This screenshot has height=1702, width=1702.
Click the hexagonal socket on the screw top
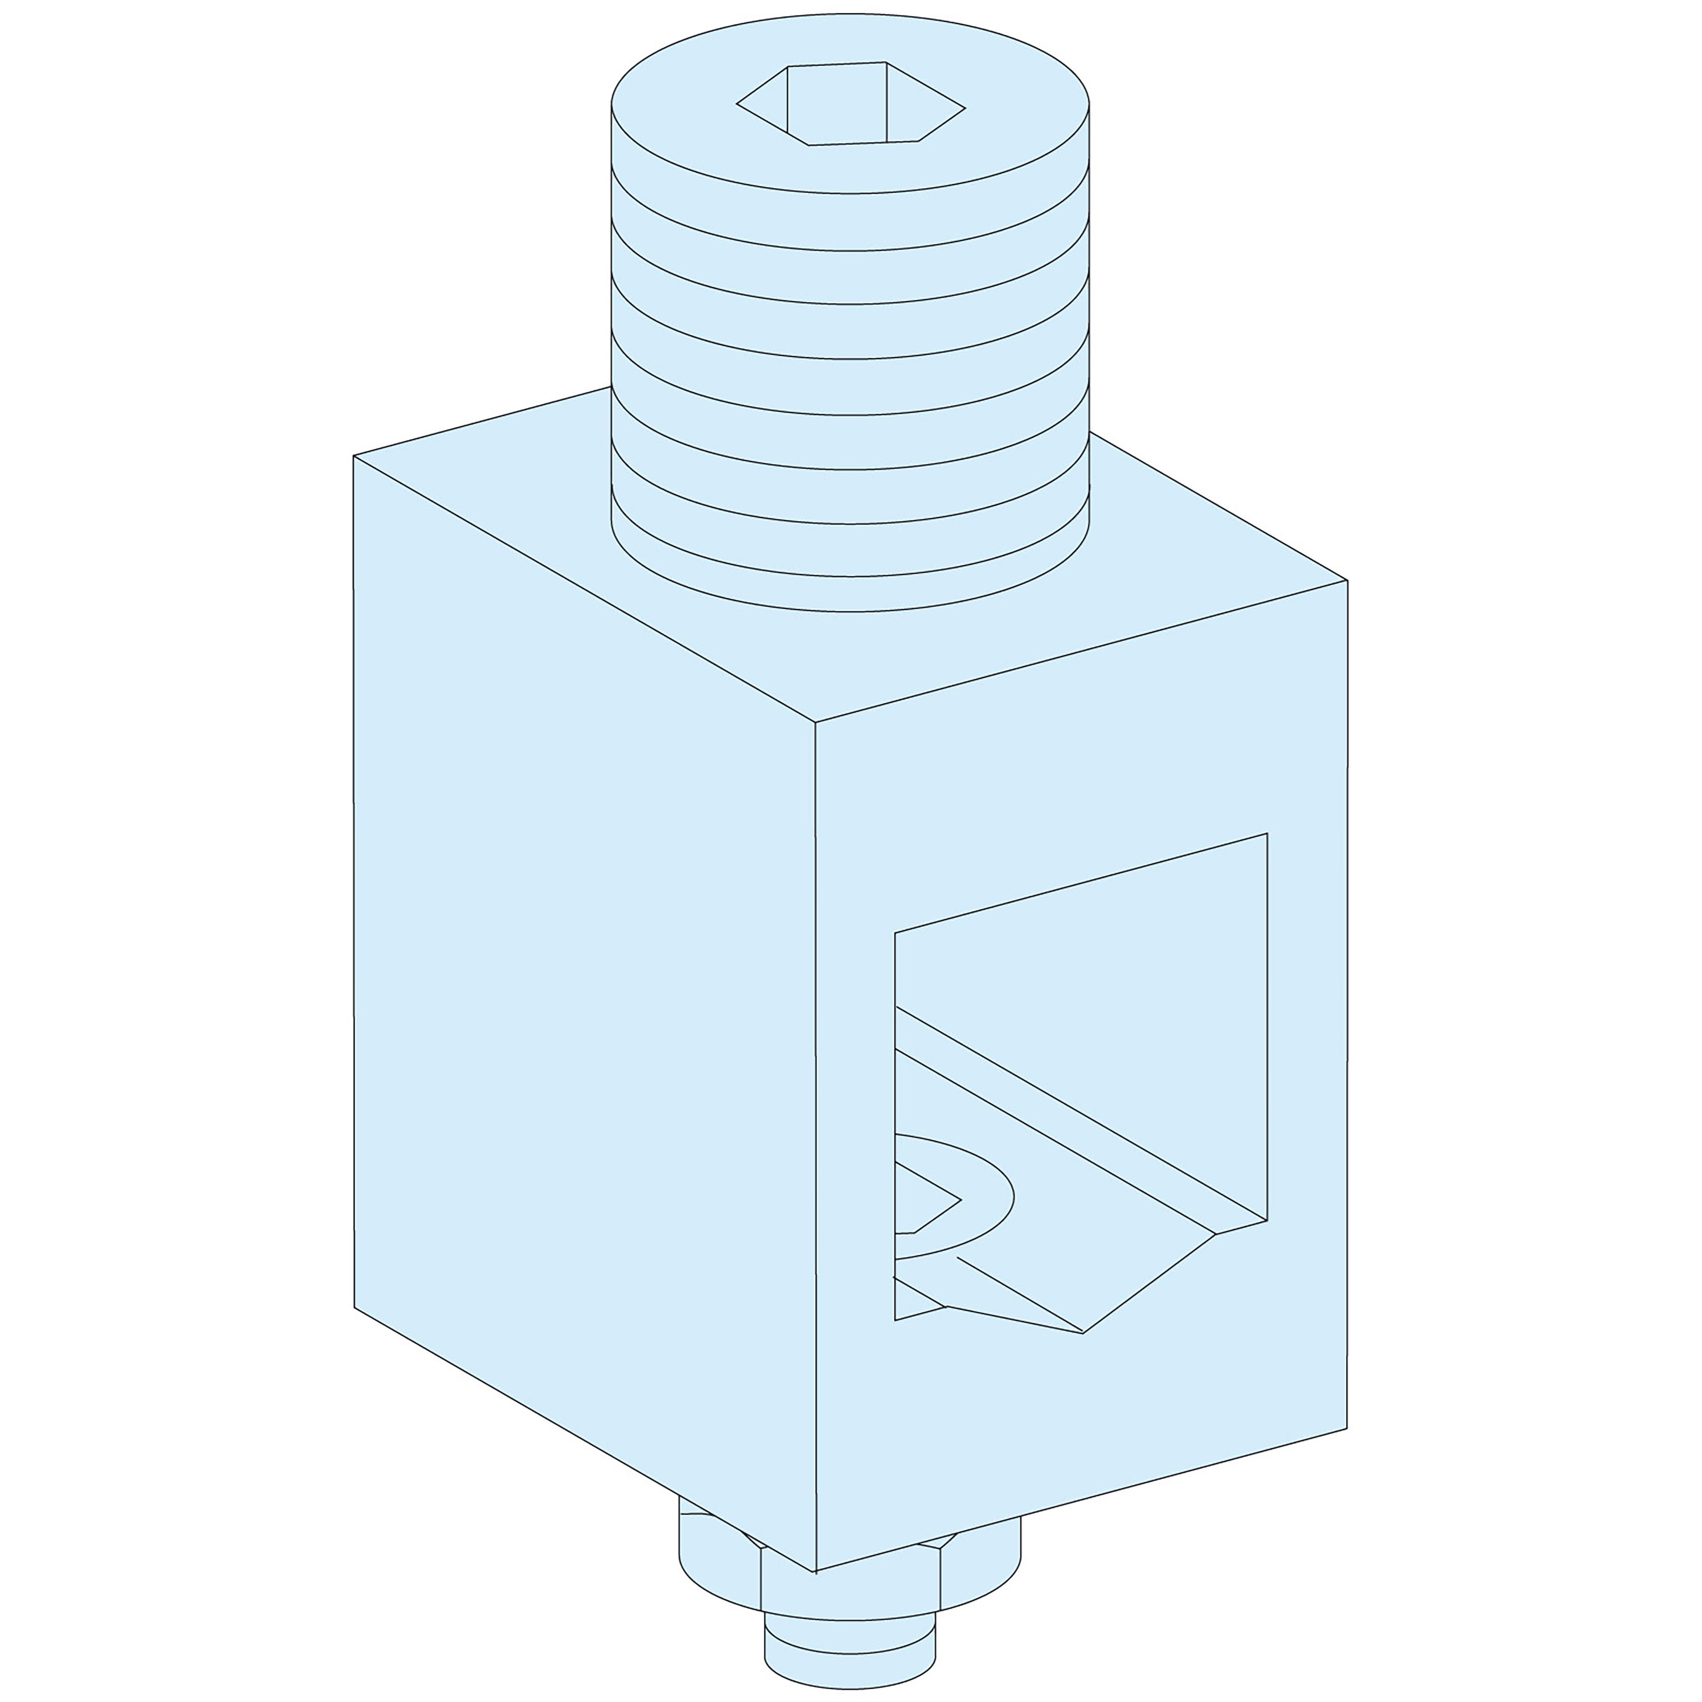[850, 104]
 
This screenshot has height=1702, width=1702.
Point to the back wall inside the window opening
[1101, 987]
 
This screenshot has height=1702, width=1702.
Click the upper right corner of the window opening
[1266, 834]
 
